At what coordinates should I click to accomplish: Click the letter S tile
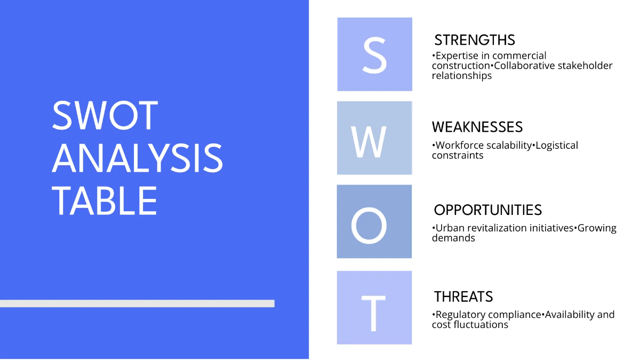point(374,54)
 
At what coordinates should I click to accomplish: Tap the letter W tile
point(374,138)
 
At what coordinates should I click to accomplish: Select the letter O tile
point(374,221)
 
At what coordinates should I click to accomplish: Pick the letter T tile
point(374,307)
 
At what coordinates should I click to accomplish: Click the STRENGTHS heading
point(475,40)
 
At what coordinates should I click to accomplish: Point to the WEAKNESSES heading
point(477,127)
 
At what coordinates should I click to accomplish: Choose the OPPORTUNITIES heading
point(487,210)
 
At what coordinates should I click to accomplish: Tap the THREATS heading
point(463,297)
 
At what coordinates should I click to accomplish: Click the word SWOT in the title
point(105,115)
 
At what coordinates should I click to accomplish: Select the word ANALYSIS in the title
point(138,158)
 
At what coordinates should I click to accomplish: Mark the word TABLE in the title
point(105,201)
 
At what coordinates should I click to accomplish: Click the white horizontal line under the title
point(137,303)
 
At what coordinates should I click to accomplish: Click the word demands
point(453,238)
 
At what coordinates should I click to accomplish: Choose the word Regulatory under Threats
point(462,315)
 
